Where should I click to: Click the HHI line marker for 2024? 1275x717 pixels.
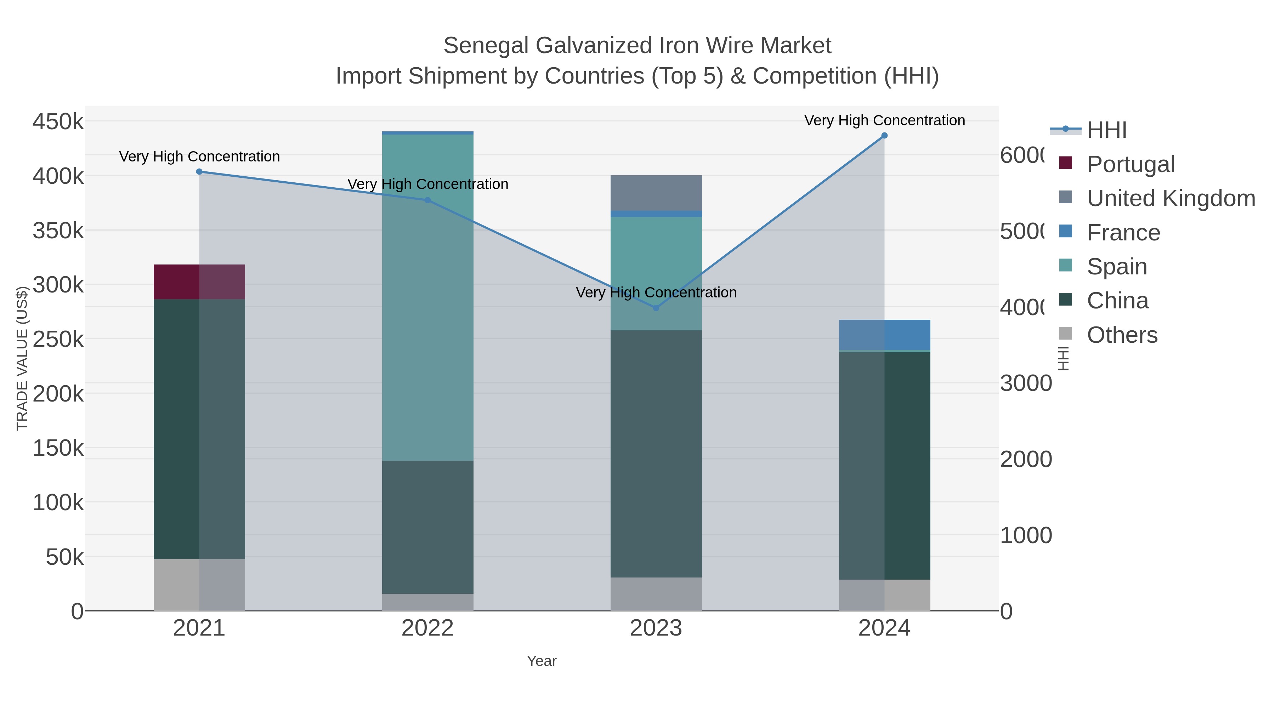[x=884, y=136]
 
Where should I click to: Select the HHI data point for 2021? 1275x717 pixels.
[x=199, y=172]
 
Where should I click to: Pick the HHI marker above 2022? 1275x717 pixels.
[x=427, y=200]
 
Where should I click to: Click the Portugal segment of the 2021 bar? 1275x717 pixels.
[x=199, y=281]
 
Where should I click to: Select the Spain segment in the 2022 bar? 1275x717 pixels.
[x=427, y=297]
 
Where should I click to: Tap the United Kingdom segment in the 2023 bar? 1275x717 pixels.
[x=656, y=193]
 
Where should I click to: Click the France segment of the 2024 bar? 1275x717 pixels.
[x=884, y=335]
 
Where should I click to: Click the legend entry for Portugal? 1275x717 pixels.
[x=1130, y=164]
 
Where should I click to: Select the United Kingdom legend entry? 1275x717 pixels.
[x=1171, y=198]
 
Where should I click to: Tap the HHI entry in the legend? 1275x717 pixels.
[x=1107, y=130]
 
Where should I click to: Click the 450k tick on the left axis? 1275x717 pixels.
[x=58, y=121]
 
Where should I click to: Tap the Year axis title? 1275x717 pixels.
[x=542, y=661]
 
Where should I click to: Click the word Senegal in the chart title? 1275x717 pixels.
[x=486, y=46]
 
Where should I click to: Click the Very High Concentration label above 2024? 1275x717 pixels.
[x=884, y=120]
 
